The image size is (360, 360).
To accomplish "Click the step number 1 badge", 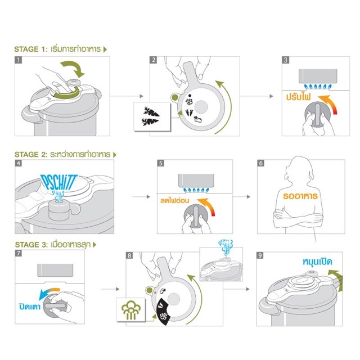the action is pyautogui.click(x=19, y=60).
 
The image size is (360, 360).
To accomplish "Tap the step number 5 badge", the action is pyautogui.click(x=161, y=163).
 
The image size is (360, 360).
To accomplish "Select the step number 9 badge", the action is pyautogui.click(x=260, y=255).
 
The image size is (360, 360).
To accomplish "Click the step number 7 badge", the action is pyautogui.click(x=19, y=253).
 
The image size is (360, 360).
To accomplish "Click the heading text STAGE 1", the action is pyautogui.click(x=30, y=49).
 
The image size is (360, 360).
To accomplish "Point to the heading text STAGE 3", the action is pyautogui.click(x=31, y=245).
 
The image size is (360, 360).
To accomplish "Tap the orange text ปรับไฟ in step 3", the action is pyautogui.click(x=298, y=97).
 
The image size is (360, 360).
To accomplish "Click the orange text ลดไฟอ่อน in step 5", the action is pyautogui.click(x=174, y=200).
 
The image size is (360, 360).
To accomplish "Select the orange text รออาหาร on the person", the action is pyautogui.click(x=300, y=196).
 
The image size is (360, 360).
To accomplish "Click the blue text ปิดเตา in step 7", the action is pyautogui.click(x=30, y=307).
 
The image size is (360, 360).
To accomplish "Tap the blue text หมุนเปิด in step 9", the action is pyautogui.click(x=317, y=262).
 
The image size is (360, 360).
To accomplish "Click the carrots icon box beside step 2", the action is pyautogui.click(x=152, y=117).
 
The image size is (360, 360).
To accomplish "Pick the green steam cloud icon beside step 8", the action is pyautogui.click(x=131, y=310).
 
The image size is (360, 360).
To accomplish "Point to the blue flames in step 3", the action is pyautogui.click(x=318, y=87).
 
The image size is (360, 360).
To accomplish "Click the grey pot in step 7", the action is pyautogui.click(x=55, y=270).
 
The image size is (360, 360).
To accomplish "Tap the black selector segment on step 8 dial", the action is pyautogui.click(x=164, y=312).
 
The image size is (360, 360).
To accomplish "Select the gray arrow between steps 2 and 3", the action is pyautogui.click(x=256, y=96).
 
